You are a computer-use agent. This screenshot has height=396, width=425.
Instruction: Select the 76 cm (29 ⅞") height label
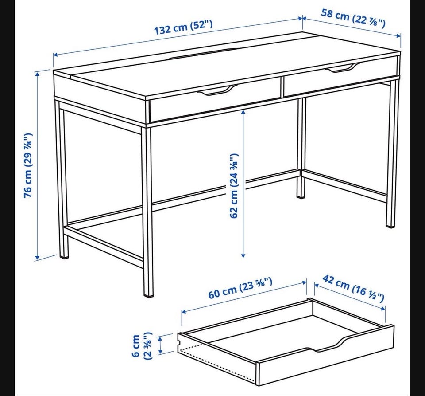click(28, 165)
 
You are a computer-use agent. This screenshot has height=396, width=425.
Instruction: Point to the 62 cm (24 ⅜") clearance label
click(234, 186)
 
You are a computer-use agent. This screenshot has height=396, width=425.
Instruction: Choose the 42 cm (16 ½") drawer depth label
click(353, 288)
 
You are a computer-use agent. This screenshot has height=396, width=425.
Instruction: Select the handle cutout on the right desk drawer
click(343, 68)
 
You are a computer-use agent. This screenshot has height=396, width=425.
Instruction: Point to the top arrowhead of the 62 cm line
click(243, 112)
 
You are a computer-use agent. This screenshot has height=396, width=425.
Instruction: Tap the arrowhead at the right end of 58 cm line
click(398, 35)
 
